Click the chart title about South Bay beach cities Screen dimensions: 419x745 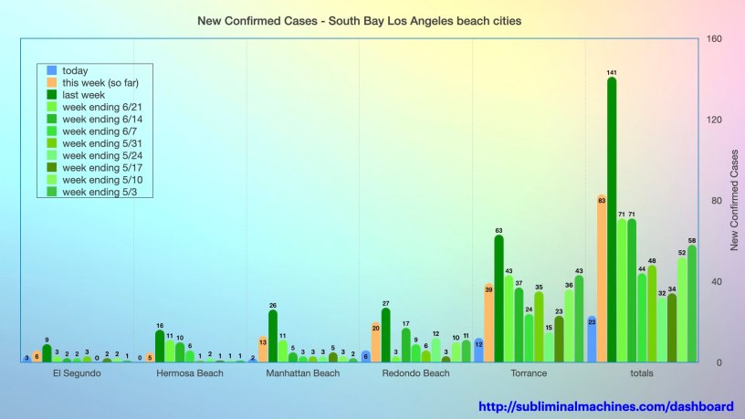coord(360,19)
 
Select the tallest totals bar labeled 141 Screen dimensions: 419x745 coord(612,219)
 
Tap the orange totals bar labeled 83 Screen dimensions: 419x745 coord(602,278)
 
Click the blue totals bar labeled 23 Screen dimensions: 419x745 coord(592,339)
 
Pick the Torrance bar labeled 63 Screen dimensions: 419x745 coord(498,299)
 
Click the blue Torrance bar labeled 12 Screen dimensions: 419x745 coord(478,351)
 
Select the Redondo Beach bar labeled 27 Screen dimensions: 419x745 coord(385,335)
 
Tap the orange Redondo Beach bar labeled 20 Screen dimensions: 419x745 coord(375,342)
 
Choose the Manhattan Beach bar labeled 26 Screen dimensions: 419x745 coord(272,336)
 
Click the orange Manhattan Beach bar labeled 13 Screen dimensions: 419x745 coord(263,350)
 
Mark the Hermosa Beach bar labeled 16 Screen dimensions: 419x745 coord(160,346)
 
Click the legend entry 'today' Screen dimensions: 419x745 coord(81,70)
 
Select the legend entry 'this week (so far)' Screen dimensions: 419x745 coord(100,83)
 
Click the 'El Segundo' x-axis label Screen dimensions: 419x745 coord(77,373)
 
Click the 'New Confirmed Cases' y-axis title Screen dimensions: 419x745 coord(734,201)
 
